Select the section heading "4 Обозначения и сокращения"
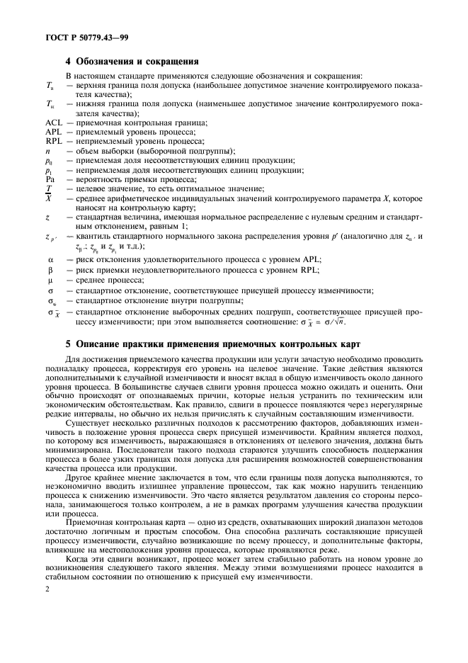click(131, 62)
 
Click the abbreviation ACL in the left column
click(54, 123)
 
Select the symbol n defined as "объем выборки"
click(47, 150)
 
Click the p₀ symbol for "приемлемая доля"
click(49, 160)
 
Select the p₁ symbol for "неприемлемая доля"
click(49, 170)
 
